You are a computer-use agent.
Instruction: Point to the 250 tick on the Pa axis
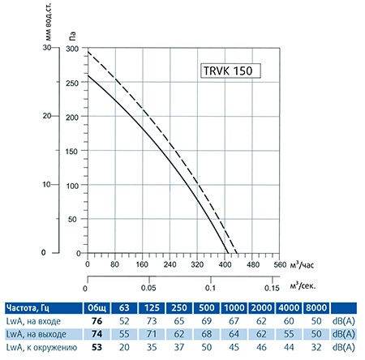click(x=73, y=83)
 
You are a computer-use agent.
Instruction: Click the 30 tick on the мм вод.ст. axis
click(x=46, y=49)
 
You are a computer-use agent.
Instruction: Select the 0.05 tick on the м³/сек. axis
click(x=149, y=288)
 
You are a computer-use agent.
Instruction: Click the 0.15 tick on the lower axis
click(x=275, y=288)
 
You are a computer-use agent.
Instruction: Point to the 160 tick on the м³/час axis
click(x=142, y=264)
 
